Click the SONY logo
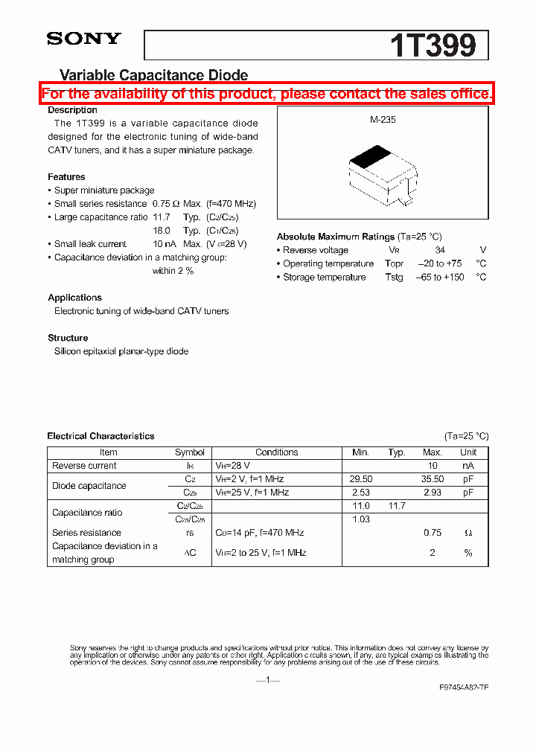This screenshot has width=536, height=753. click(x=83, y=39)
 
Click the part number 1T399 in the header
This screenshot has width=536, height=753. click(x=433, y=46)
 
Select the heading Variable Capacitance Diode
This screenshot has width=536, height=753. click(x=153, y=75)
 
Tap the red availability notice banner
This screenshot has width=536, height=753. click(x=267, y=94)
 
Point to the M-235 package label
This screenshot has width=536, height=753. click(x=383, y=119)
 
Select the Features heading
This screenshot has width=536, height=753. click(x=66, y=177)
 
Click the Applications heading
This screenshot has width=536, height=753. click(x=74, y=298)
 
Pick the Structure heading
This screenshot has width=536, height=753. click(x=68, y=338)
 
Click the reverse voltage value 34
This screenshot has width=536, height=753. click(x=440, y=251)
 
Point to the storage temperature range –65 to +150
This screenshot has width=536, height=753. click(x=439, y=278)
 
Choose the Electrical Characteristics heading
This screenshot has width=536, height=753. click(x=100, y=436)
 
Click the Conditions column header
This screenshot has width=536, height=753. click(x=276, y=452)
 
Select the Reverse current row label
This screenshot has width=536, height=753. click(x=84, y=466)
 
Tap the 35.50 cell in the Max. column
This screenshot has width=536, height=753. click(x=433, y=480)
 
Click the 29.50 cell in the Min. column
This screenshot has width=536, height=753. click(x=361, y=480)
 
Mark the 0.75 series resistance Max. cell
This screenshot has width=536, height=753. click(x=433, y=533)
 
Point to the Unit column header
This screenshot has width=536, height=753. click(x=468, y=452)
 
